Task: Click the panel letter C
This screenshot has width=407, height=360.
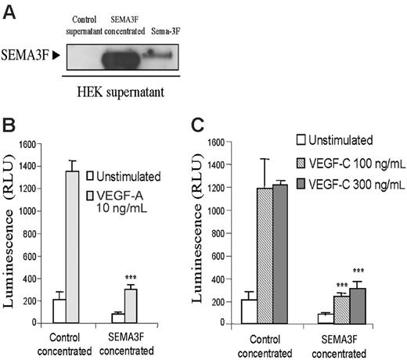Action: coord(200,124)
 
